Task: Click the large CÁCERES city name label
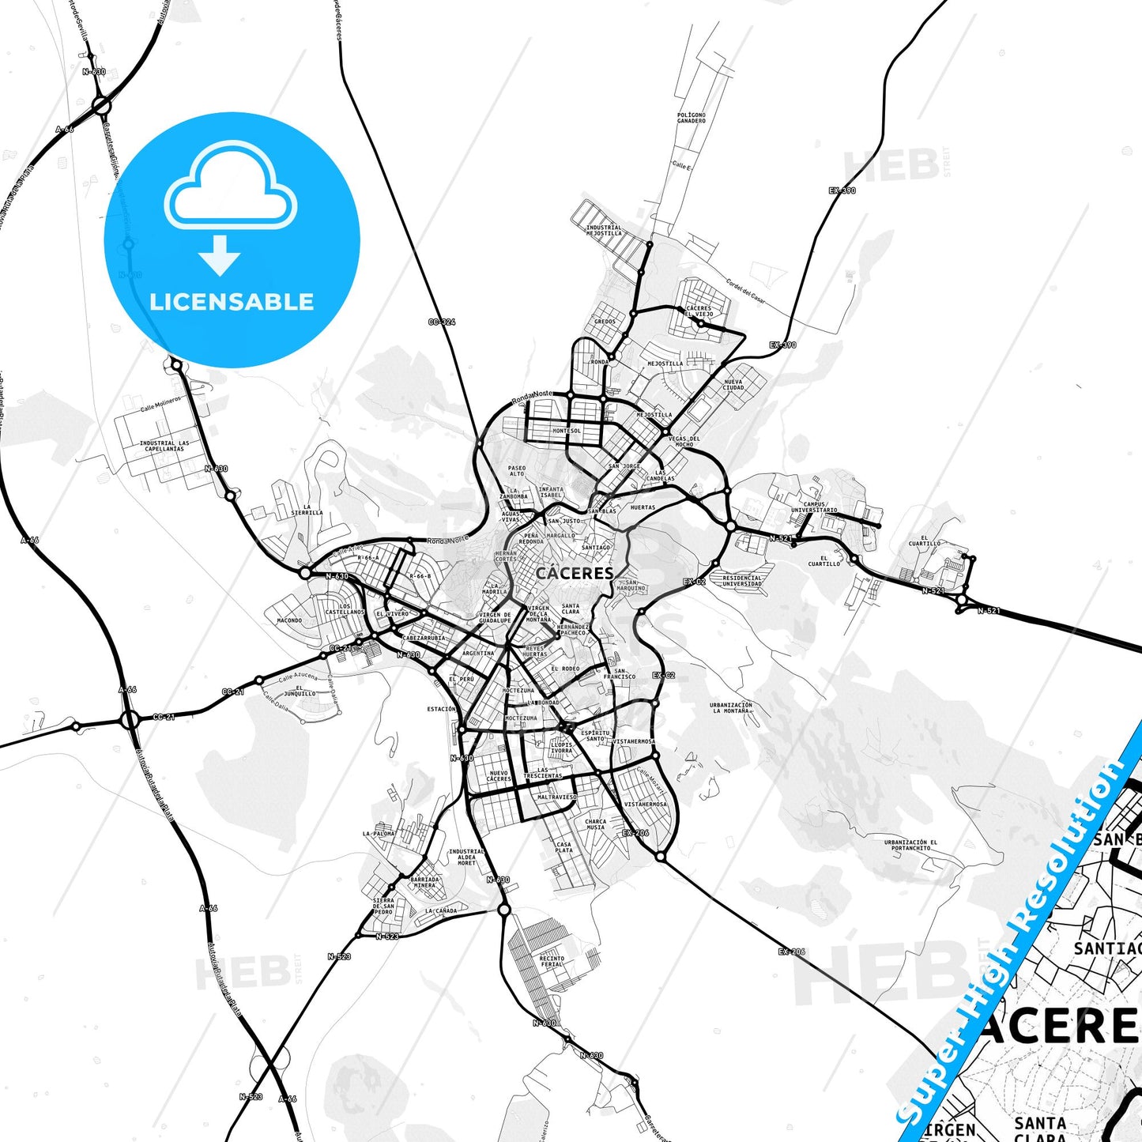[x=575, y=573]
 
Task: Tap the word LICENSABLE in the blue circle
[x=232, y=301]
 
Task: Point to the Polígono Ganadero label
[x=691, y=118]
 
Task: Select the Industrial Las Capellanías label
[x=164, y=446]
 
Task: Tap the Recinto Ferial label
[x=552, y=961]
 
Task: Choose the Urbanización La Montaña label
[x=730, y=707]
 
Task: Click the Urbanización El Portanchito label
[x=910, y=845]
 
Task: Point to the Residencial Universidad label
[x=742, y=580]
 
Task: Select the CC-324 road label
[x=441, y=322]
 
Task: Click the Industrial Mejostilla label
[x=604, y=230]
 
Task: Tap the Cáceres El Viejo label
[x=699, y=311]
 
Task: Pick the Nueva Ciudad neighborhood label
[x=733, y=384]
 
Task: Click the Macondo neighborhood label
[x=289, y=620]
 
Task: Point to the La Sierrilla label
[x=307, y=510]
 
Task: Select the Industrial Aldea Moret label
[x=466, y=857]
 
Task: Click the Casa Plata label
[x=563, y=846]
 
